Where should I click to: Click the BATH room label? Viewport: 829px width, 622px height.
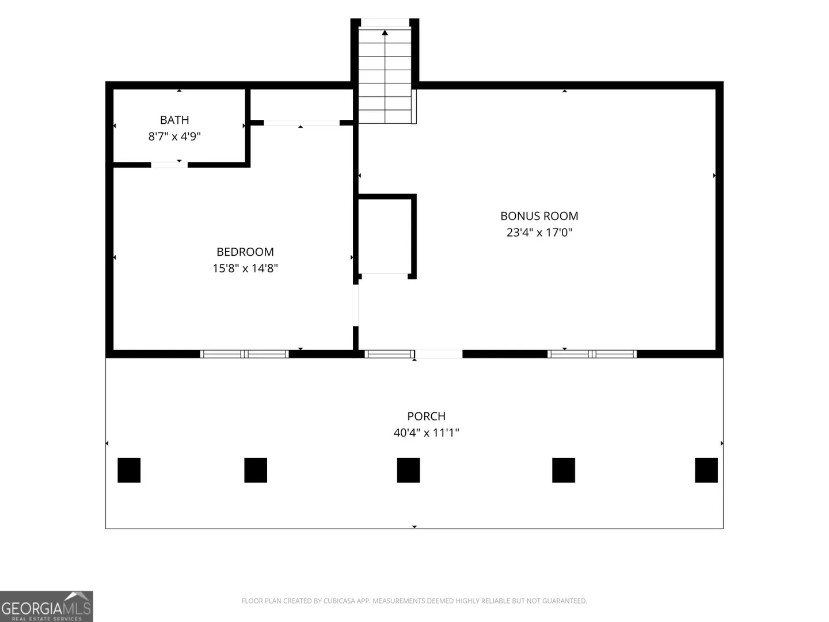(174, 120)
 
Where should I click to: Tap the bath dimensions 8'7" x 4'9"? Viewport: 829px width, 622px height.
(174, 136)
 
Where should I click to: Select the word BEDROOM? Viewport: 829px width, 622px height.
(245, 252)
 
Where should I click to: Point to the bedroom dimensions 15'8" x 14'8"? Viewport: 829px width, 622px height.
(245, 268)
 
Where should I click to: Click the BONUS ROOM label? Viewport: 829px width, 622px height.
(539, 216)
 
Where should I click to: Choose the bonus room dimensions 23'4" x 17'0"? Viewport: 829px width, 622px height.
(539, 232)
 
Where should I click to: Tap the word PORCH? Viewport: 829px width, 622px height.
(427, 416)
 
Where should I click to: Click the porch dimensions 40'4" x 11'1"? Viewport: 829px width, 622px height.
(427, 433)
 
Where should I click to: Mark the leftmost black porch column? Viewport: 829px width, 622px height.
(129, 470)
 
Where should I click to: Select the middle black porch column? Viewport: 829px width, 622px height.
(408, 470)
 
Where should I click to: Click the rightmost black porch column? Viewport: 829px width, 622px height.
(706, 470)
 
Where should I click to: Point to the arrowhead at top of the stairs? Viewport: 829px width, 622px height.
(385, 33)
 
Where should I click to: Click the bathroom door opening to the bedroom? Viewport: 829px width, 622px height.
(169, 165)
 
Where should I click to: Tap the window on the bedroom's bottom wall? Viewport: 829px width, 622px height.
(244, 354)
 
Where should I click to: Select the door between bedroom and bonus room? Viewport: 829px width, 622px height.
(356, 305)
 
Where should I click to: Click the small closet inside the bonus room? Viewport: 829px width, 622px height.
(385, 236)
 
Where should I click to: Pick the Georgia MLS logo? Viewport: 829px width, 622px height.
(47, 606)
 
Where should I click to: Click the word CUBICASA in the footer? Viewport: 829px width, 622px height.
(339, 601)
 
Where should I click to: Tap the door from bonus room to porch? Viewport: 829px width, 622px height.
(439, 354)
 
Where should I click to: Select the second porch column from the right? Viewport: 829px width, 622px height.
(564, 470)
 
